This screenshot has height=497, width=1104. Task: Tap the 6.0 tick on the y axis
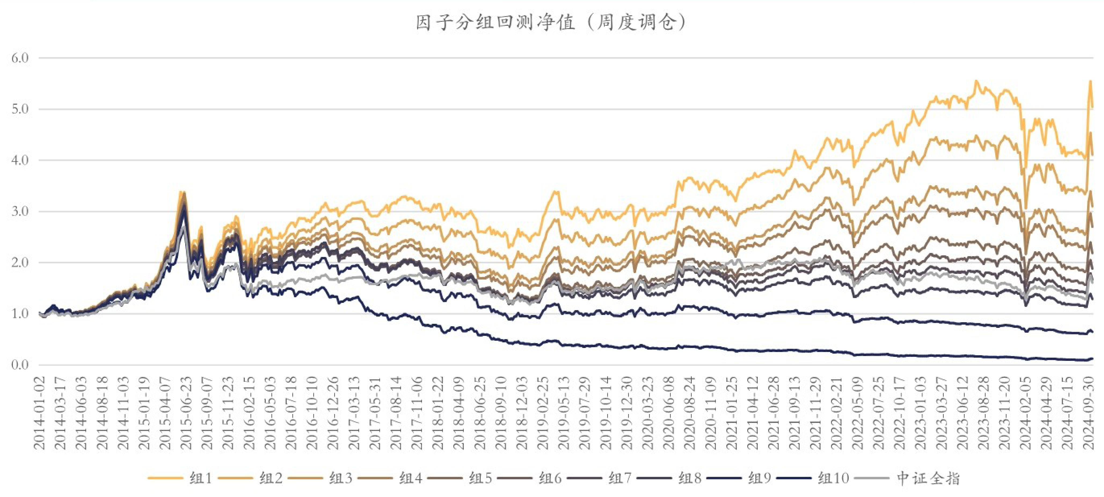pos(20,58)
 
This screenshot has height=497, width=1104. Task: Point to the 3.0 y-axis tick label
pos(20,211)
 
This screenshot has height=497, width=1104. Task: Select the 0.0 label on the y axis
pos(20,365)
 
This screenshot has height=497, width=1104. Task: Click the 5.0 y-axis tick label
pos(20,109)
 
